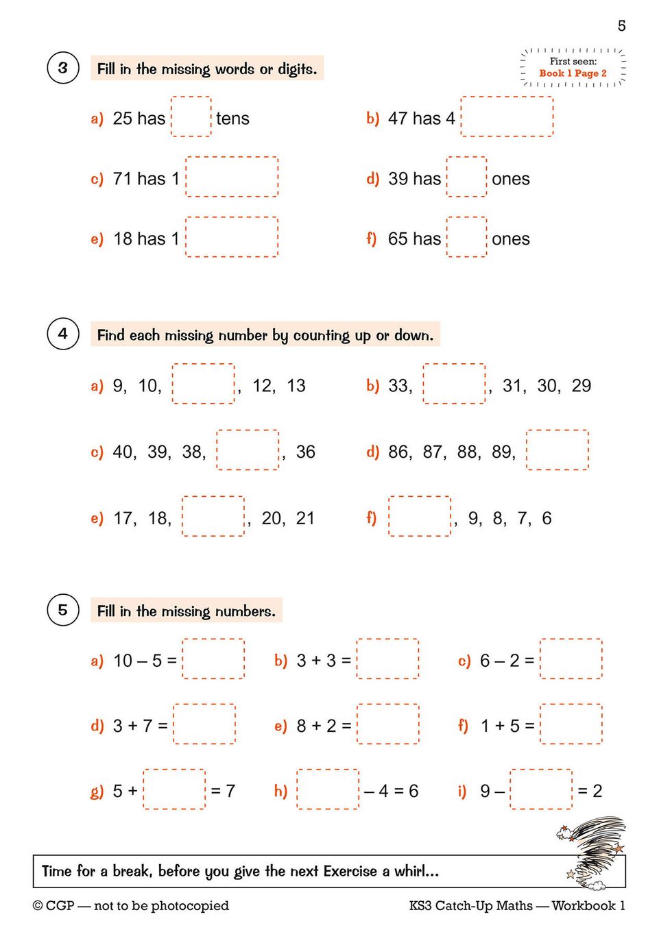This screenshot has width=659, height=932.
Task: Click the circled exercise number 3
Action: [x=62, y=68]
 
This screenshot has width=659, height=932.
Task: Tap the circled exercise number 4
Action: [x=62, y=334]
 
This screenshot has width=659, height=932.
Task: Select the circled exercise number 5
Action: [x=62, y=609]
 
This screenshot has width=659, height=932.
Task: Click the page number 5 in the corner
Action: [x=621, y=26]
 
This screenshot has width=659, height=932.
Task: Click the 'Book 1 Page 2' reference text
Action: [x=573, y=73]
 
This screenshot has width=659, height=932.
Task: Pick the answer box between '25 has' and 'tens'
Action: [x=191, y=117]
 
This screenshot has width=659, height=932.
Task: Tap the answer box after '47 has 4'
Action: [x=507, y=117]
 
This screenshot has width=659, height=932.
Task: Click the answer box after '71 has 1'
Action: [x=232, y=177]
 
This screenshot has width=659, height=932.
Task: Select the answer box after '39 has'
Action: [x=466, y=177]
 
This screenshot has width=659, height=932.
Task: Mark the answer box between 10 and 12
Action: [x=203, y=384]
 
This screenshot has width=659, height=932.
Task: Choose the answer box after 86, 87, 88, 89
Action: [x=557, y=450]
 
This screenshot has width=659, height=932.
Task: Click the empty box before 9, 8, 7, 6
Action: [x=419, y=517]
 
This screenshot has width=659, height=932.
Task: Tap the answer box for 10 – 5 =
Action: [x=213, y=659]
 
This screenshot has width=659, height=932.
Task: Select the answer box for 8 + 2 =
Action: [x=387, y=724]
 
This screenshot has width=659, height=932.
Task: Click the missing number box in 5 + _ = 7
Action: [x=174, y=789]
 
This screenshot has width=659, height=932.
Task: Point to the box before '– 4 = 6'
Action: [x=327, y=789]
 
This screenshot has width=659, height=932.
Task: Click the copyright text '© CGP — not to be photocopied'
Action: [x=131, y=906]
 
